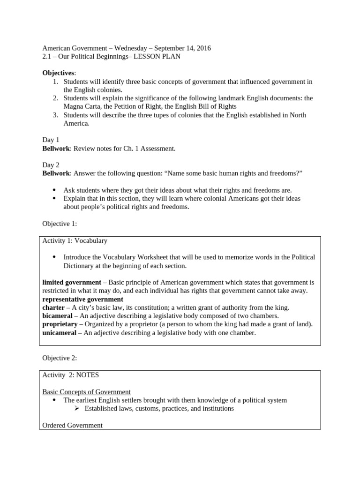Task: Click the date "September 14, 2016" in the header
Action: click(182, 48)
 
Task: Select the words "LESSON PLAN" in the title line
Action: click(157, 57)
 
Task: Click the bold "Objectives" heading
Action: click(58, 73)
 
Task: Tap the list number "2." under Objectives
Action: click(55, 98)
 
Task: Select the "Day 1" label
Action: click(51, 140)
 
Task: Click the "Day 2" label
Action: click(51, 165)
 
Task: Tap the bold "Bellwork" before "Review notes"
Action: click(56, 149)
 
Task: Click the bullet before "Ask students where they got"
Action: click(54, 190)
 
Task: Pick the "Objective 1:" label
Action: click(60, 224)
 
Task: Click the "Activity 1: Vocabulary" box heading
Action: click(75, 241)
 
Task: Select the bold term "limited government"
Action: click(72, 282)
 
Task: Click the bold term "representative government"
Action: click(83, 299)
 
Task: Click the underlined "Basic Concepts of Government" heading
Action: click(86, 392)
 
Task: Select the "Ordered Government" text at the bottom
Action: click(72, 426)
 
